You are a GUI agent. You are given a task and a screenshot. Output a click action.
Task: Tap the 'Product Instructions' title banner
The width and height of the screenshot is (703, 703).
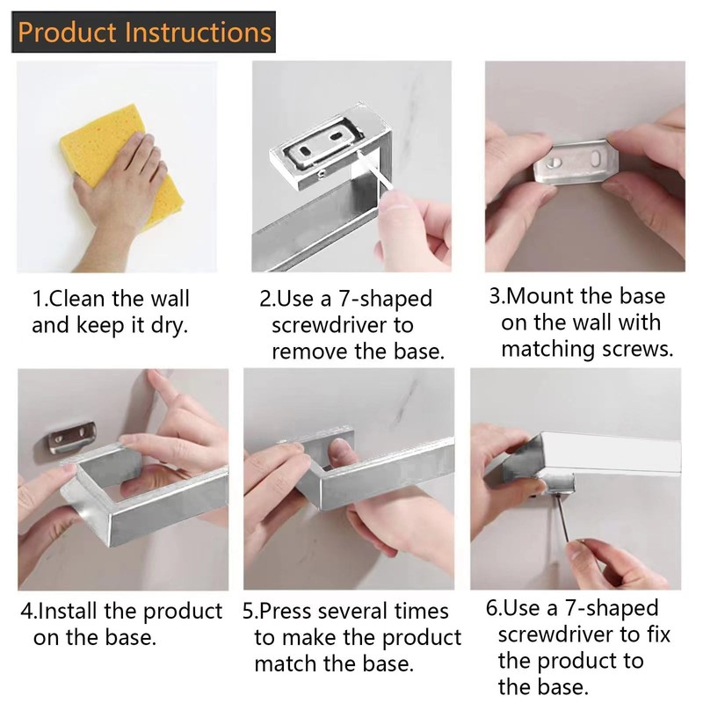[143, 32]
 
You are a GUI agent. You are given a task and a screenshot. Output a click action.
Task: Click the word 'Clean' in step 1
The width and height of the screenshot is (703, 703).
[76, 299]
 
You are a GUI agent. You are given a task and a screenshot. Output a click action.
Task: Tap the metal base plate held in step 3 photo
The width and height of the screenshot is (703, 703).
[576, 163]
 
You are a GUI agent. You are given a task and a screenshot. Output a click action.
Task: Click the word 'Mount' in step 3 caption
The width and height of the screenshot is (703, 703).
[541, 296]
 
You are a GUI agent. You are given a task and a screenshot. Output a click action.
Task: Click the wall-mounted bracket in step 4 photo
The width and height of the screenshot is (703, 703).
[73, 437]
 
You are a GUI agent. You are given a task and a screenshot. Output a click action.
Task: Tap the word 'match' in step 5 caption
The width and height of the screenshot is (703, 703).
[286, 664]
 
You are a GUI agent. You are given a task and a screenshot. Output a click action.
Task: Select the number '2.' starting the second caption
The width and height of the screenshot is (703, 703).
[268, 299]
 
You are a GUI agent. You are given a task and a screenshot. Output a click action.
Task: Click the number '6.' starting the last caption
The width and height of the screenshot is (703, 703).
[494, 608]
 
